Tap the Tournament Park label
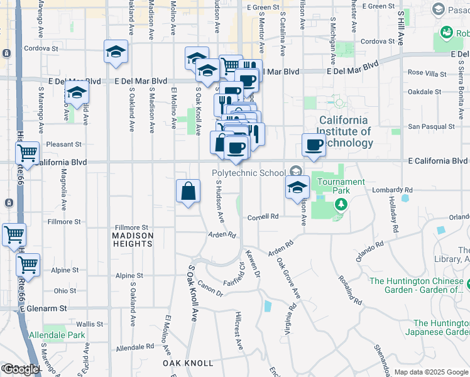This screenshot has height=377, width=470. click(x=341, y=182)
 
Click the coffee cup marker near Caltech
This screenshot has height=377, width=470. click(x=314, y=146)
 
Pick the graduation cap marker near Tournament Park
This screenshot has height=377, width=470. click(x=298, y=187)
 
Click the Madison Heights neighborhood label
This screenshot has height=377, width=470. click(x=133, y=241)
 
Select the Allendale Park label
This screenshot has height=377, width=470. click(x=57, y=336)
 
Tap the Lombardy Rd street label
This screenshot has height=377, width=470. click(x=400, y=190)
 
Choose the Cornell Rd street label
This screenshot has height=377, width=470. click(x=263, y=216)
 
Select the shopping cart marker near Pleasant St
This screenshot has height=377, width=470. click(x=28, y=153)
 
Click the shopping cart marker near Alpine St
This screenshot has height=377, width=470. click(x=28, y=265)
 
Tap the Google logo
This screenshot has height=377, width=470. click(x=21, y=369)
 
